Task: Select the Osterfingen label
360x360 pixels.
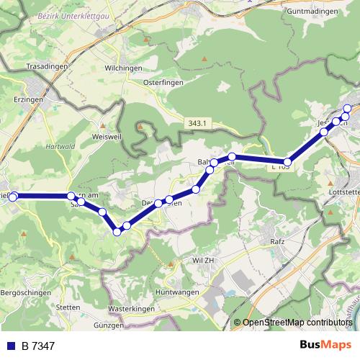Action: click(x=161, y=81)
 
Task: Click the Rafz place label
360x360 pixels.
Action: click(x=279, y=241)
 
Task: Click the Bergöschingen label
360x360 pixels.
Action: click(x=26, y=293)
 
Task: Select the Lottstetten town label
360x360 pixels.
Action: click(x=344, y=193)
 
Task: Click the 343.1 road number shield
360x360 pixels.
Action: click(x=197, y=124)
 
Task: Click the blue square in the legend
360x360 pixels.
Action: click(x=11, y=346)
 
